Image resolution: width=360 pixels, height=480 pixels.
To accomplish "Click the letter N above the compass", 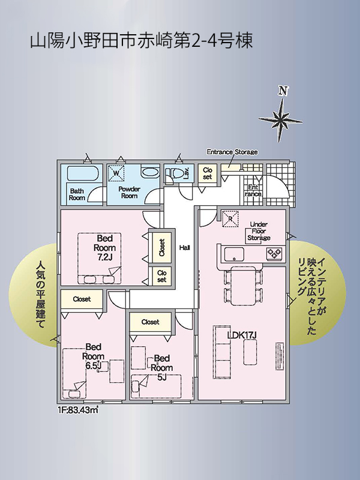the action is (283, 91).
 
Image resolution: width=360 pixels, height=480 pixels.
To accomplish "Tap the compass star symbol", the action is (280, 119).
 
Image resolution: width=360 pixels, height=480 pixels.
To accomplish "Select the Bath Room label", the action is (77, 194).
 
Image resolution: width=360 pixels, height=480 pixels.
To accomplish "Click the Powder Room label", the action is (129, 192).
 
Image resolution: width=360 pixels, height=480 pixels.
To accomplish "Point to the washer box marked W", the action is (116, 173).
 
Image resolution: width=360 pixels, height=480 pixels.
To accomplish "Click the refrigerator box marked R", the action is (230, 218).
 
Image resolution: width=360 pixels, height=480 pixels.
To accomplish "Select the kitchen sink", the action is (234, 254).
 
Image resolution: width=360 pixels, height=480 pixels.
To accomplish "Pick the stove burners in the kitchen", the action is (274, 253).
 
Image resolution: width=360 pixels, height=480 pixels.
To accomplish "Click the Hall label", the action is (185, 248).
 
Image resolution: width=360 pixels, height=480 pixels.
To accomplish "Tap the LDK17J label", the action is (242, 335).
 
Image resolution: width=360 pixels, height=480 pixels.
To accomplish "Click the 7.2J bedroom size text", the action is (104, 257).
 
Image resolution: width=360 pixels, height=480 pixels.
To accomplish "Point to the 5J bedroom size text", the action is (161, 377).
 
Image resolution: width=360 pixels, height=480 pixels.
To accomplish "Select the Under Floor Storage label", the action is (259, 231).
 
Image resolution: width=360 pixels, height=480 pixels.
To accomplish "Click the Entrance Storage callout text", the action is (232, 152).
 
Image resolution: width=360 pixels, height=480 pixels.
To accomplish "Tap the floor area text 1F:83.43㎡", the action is (77, 410).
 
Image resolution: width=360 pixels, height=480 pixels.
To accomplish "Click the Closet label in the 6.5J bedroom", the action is (82, 299).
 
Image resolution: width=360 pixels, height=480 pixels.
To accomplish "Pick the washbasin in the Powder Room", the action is (149, 172).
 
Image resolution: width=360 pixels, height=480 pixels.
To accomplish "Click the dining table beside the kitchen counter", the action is (243, 286).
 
